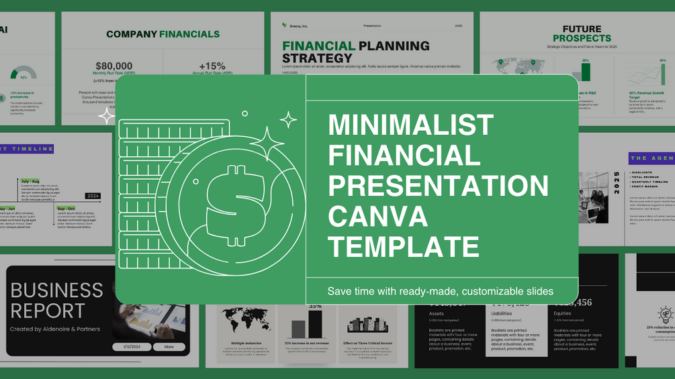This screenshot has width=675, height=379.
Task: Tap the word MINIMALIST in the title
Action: pyautogui.click(x=410, y=125)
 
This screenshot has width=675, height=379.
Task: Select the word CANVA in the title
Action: pyautogui.click(x=377, y=216)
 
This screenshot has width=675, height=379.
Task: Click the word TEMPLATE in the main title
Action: pyautogui.click(x=403, y=246)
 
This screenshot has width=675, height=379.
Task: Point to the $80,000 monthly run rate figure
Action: pyautogui.click(x=114, y=66)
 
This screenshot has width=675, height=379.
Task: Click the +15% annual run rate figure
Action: pyautogui.click(x=212, y=66)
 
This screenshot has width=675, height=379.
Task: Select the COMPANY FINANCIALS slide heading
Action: pyautogui.click(x=163, y=34)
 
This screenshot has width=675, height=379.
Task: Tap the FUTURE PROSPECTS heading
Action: pyautogui.click(x=582, y=34)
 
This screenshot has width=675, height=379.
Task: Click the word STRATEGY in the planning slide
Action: pyautogui.click(x=317, y=58)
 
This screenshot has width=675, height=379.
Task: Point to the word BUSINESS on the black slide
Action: pyautogui.click(x=57, y=290)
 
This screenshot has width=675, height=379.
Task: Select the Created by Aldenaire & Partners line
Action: pyautogui.click(x=55, y=329)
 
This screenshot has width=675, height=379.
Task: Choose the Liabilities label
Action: pyautogui.click(x=503, y=313)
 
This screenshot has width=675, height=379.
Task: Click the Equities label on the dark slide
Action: pyautogui.click(x=564, y=313)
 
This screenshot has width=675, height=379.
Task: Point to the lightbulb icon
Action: pyautogui.click(x=665, y=315)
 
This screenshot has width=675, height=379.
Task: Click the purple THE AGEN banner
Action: pyautogui.click(x=651, y=158)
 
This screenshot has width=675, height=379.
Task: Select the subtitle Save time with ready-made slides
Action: pyautogui.click(x=440, y=291)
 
